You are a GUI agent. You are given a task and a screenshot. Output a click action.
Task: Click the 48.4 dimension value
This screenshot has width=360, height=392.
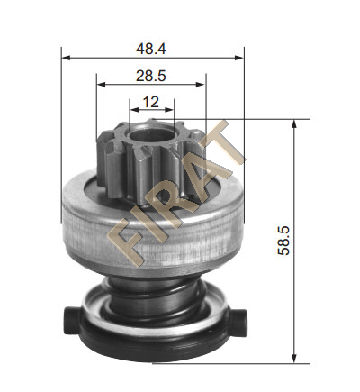(x=151, y=49)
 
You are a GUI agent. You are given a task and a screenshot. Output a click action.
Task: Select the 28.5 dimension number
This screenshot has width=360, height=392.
(x=151, y=76)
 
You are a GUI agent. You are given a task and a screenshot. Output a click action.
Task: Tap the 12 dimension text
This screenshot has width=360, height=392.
(x=151, y=102)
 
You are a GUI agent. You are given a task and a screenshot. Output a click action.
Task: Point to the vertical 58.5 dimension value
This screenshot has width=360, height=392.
(x=283, y=241)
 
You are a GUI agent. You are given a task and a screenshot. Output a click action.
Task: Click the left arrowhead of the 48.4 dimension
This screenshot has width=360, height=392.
(x=66, y=58)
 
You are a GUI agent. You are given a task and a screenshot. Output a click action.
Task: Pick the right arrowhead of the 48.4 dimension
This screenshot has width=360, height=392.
(x=239, y=58)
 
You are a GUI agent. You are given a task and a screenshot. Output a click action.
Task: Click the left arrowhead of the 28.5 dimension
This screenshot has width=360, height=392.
(x=101, y=84)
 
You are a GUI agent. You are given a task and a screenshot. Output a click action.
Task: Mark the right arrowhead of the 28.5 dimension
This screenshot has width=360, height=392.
(x=201, y=84)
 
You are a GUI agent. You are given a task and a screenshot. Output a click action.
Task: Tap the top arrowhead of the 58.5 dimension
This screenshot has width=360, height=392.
(x=294, y=123)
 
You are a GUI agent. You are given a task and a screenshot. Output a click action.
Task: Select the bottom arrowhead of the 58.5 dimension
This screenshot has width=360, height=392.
(x=294, y=359)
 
